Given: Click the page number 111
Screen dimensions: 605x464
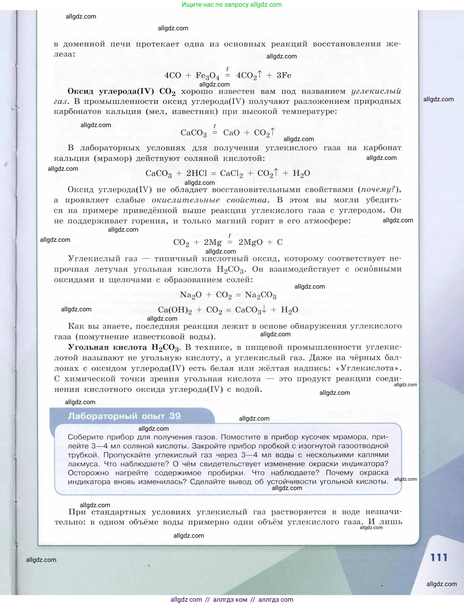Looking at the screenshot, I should click(439, 557).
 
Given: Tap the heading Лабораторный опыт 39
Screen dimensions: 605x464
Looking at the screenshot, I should click(124, 416).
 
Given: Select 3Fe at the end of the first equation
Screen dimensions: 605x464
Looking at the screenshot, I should click(284, 75).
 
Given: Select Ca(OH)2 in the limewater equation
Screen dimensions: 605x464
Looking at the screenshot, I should click(175, 310).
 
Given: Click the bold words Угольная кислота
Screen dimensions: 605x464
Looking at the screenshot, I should click(107, 347).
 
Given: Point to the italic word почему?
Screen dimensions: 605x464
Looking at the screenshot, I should click(378, 190).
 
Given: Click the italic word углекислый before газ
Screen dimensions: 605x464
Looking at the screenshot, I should click(376, 91).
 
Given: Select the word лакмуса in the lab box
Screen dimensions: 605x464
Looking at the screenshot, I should click(84, 464).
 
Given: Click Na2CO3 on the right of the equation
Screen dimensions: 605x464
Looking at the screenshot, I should click(260, 295).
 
